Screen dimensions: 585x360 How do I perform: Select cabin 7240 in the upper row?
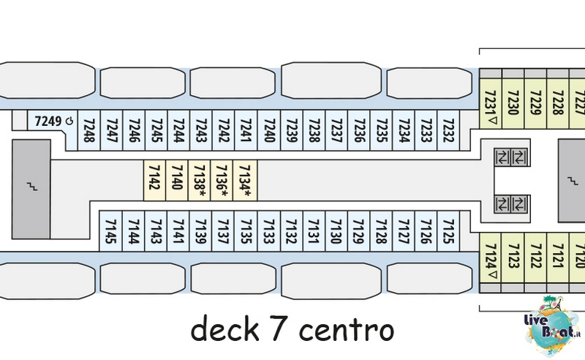[268, 130]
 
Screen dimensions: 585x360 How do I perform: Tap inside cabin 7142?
[154, 180]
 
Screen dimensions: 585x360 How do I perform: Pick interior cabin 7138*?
[199, 180]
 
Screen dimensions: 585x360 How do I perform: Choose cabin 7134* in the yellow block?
[245, 180]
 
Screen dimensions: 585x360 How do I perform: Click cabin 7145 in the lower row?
[111, 231]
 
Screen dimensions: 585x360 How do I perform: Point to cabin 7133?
[268, 231]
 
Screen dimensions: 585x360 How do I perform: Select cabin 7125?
[448, 231]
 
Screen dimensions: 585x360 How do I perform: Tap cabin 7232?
[448, 130]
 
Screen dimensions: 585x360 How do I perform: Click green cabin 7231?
[490, 103]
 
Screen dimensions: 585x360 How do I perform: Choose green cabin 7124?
[490, 258]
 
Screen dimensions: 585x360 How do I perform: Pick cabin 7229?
[535, 103]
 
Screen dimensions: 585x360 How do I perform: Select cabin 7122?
[535, 258]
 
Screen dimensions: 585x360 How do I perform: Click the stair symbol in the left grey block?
[32, 186]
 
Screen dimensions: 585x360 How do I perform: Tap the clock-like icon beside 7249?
[69, 121]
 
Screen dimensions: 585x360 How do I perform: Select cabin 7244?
[178, 130]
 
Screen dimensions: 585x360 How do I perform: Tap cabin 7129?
[358, 231]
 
